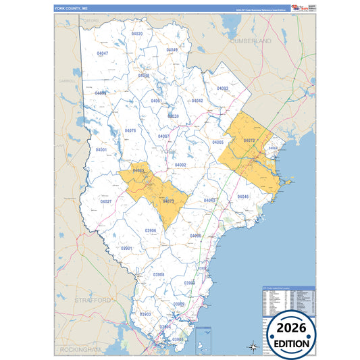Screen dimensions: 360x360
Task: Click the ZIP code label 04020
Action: [137, 33]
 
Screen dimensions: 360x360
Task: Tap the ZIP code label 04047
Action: [103, 53]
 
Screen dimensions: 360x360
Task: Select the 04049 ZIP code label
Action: [172, 50]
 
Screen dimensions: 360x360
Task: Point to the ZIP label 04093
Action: [223, 88]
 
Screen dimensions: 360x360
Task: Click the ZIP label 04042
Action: [197, 101]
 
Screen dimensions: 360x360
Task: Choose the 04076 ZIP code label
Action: [130, 130]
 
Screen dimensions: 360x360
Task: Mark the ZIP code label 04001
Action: [101, 149]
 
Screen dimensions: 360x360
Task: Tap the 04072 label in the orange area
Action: [249, 140]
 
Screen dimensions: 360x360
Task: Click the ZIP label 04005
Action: [217, 143]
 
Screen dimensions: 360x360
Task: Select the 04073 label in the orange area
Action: [169, 201]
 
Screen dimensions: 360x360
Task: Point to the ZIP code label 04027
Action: [106, 201]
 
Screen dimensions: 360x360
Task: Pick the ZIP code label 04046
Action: [243, 197]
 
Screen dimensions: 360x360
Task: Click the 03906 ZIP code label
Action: [151, 230]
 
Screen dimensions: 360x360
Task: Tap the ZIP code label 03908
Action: [159, 274]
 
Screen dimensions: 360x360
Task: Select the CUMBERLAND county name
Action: [250, 41]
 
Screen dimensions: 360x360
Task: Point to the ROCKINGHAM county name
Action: [80, 350]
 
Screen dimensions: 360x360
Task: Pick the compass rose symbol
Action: [253, 346]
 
